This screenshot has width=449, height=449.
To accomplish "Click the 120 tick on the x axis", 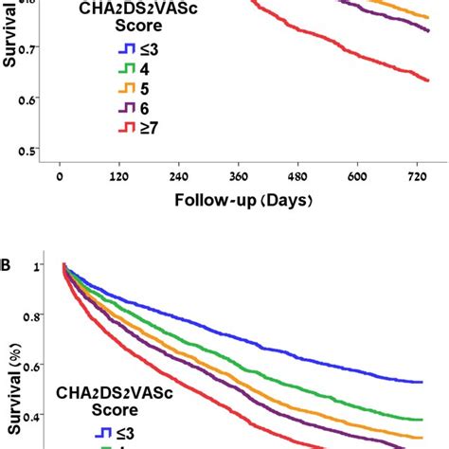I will (x=119, y=175).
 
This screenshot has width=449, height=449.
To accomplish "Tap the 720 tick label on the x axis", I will (x=418, y=175).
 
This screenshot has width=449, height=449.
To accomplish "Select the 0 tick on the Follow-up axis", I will (x=60, y=175).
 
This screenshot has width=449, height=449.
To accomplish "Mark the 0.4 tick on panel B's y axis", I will (x=35, y=415).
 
